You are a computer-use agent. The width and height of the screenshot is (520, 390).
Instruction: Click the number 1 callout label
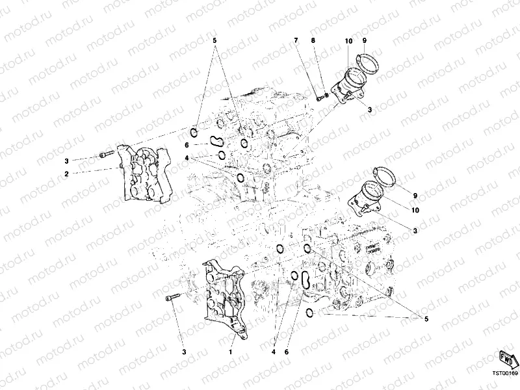coord(229,351)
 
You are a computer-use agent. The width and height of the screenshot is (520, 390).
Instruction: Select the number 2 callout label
coord(66,174)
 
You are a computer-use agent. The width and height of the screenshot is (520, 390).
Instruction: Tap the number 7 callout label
coord(296,41)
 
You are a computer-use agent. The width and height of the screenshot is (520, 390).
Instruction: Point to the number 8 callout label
coord(313,41)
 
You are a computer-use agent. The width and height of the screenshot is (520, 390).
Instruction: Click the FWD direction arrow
coord(506,358)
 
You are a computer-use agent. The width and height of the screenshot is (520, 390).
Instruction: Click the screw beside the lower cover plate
coord(172,298)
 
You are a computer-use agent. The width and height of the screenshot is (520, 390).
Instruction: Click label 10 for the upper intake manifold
coord(349,41)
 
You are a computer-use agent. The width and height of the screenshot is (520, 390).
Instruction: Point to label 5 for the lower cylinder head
coord(426,318)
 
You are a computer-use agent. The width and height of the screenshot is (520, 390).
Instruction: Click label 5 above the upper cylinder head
coord(214,40)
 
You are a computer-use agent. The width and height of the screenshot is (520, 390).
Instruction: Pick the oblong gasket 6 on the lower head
coord(302,280)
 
